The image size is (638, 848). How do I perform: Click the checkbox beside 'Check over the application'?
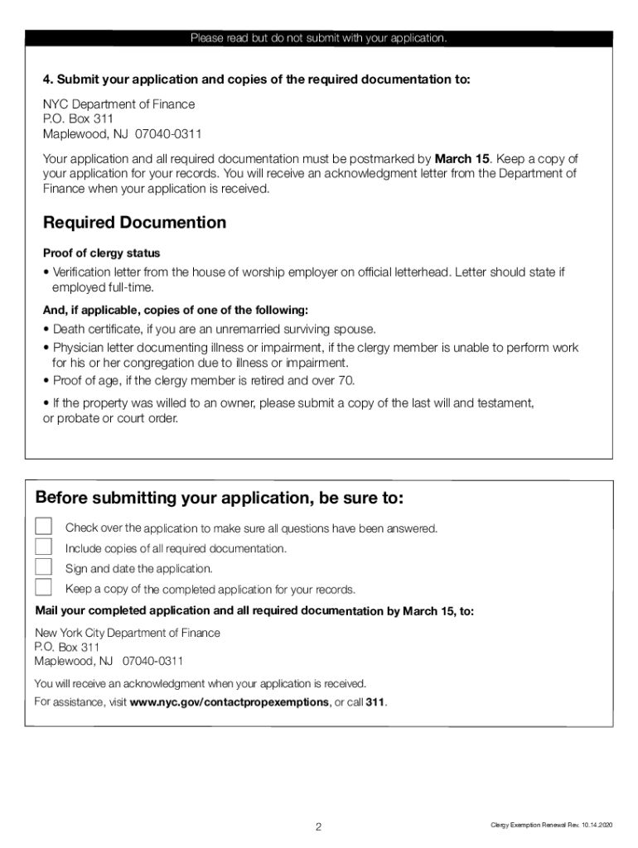43,528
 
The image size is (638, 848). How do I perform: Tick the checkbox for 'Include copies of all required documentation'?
43,547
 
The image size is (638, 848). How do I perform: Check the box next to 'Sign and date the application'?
43,567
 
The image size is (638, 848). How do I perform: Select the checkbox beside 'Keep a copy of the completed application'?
43,588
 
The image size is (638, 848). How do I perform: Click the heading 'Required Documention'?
134,223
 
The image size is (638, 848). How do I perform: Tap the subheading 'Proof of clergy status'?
101,253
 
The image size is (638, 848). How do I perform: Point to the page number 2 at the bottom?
318,826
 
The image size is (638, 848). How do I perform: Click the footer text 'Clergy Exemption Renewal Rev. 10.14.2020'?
550,826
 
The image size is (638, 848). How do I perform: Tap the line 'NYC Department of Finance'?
118,104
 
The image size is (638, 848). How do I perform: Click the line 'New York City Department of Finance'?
127,633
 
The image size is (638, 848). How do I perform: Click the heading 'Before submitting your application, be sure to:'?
220,499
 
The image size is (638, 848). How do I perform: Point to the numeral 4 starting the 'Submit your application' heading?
47,79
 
